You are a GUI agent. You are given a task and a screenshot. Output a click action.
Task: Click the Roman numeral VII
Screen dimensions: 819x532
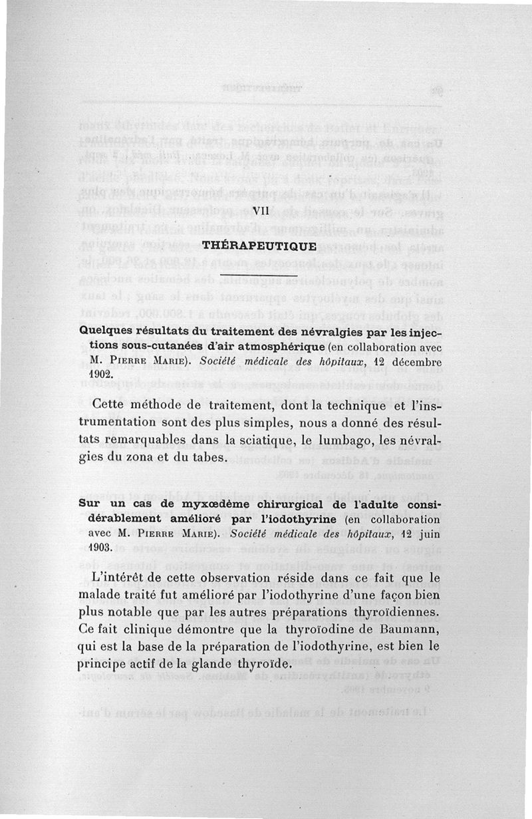(x=260, y=211)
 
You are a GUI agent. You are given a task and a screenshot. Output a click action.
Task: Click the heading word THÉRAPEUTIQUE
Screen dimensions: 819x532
(x=259, y=245)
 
